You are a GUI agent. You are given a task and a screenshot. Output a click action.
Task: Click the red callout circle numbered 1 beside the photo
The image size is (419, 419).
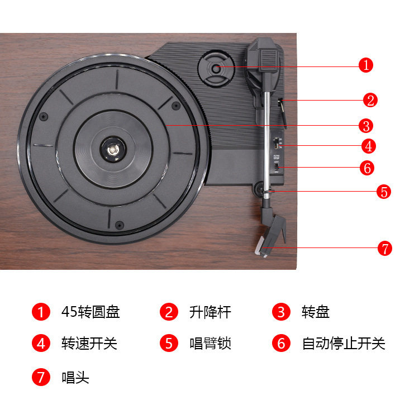366,65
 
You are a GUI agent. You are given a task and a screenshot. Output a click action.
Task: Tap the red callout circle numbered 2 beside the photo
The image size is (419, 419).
370,100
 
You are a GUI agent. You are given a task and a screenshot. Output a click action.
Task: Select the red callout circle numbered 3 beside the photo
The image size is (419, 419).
366,126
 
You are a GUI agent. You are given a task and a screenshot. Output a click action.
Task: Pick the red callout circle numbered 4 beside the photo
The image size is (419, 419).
369,146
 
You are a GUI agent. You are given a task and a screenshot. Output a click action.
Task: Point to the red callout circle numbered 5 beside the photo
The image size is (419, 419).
383,192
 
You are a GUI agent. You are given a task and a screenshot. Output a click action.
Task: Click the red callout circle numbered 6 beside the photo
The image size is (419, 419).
367,168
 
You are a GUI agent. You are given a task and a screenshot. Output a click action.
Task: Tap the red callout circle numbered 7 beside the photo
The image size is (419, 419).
384,248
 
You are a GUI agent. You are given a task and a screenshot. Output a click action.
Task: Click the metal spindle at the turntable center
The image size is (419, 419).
113,150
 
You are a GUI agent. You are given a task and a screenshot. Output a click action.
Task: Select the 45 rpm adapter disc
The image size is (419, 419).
216,69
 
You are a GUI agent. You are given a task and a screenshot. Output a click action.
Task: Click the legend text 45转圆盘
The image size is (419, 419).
91,312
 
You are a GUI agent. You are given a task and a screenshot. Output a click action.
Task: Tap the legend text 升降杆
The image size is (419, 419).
210,312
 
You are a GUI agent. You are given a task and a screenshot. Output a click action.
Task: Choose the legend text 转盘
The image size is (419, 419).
316,312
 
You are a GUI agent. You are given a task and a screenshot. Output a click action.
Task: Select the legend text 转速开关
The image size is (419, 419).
89,343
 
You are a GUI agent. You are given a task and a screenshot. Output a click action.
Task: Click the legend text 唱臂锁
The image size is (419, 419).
210,343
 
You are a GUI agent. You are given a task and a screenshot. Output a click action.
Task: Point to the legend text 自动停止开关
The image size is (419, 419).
344,343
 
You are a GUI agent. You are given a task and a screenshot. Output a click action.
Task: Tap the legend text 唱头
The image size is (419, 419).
75,377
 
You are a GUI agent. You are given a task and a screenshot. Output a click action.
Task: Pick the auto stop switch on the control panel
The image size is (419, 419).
277,168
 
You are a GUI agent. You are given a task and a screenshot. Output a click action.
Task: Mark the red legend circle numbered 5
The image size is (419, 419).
169,343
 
